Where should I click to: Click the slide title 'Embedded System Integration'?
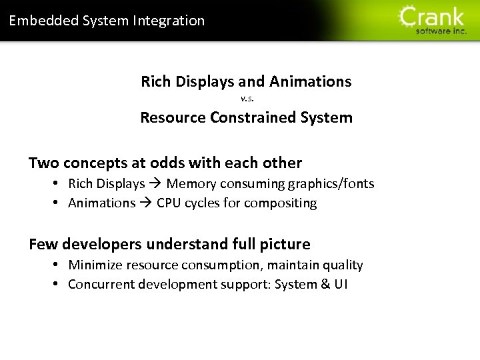[107, 21]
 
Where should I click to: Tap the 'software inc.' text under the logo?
[441, 31]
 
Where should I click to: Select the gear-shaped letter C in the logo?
[409, 16]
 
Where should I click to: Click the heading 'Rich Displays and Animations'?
[246, 81]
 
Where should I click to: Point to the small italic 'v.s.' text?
[247, 99]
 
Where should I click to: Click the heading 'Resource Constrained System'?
[246, 117]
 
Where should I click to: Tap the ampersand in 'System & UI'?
[325, 284]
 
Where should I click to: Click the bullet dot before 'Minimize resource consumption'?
[57, 265]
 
